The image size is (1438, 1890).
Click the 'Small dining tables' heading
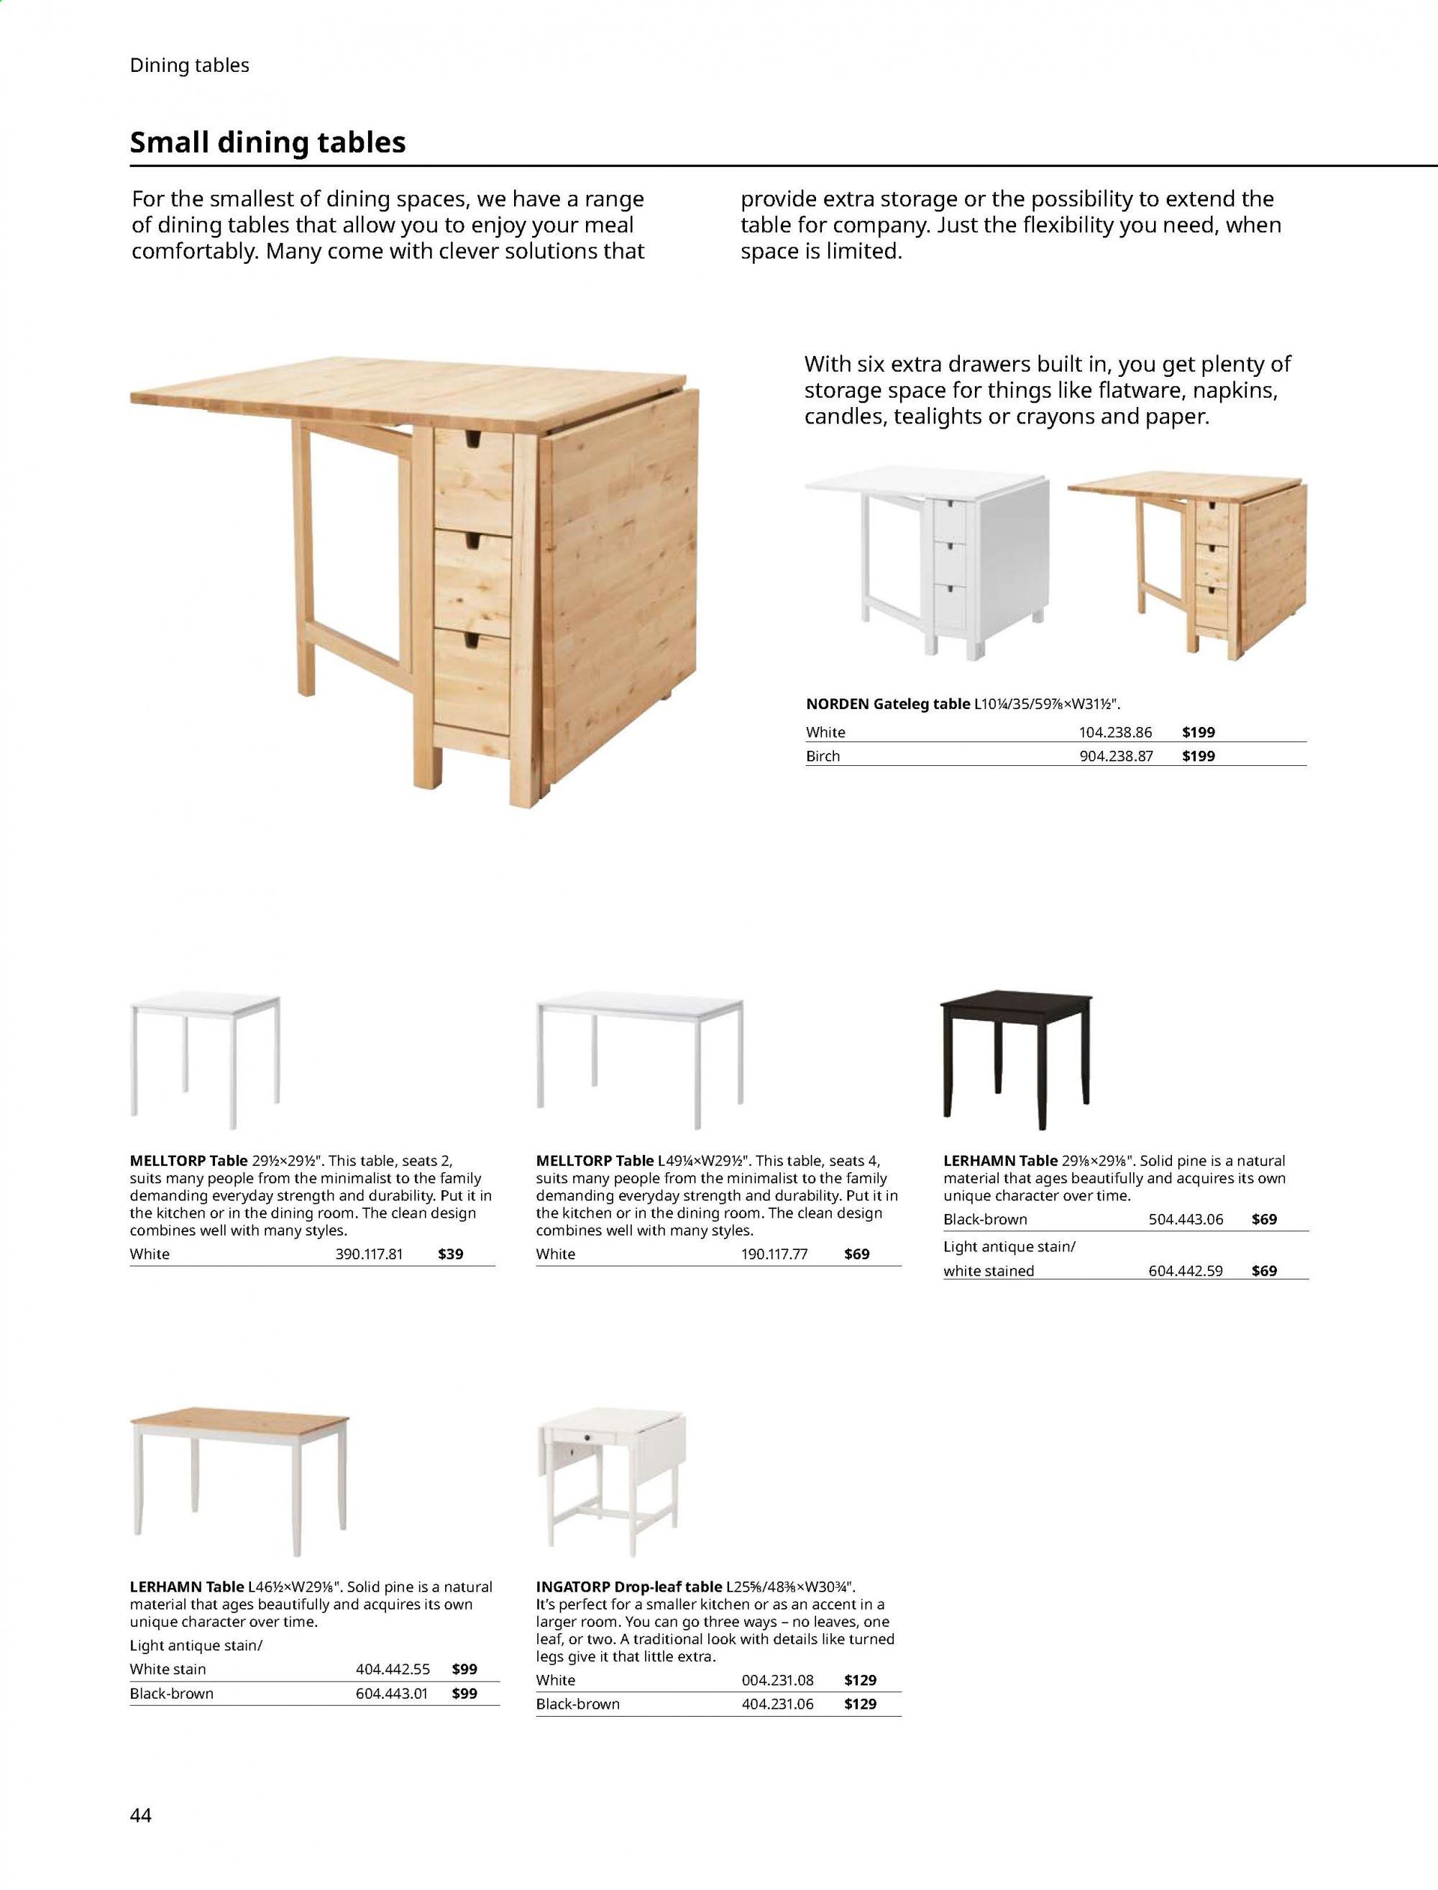[267, 142]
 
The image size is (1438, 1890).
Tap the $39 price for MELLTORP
[450, 1254]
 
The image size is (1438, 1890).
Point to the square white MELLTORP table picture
[206, 1058]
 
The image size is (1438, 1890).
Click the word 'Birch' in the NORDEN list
[823, 756]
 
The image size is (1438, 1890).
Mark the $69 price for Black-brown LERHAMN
[1263, 1219]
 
